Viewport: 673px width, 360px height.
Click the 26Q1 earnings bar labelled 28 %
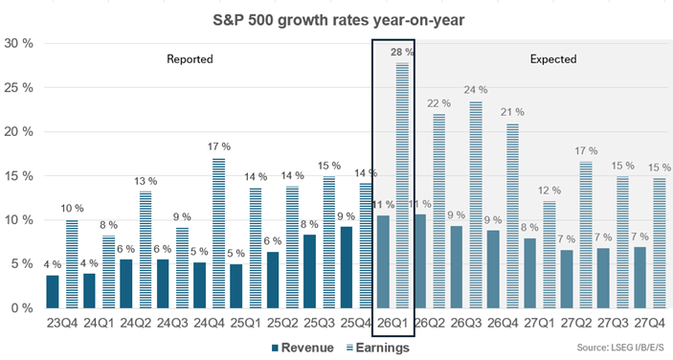point(402,185)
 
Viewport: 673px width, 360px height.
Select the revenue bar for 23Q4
point(53,292)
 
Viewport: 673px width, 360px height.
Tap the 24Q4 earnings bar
point(219,233)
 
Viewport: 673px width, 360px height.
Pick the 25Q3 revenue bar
point(310,271)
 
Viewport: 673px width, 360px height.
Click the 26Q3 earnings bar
point(476,205)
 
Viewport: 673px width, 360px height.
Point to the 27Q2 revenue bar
point(567,279)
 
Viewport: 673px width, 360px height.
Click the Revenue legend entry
point(303,348)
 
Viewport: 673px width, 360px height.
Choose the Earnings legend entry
point(378,348)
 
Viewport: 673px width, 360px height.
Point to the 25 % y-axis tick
point(18,87)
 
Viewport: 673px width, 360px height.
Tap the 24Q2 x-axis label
point(136,323)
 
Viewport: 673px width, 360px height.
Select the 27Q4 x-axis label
point(649,323)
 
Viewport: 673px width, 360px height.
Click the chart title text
point(339,20)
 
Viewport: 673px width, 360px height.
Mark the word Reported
point(190,58)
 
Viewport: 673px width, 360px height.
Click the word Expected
point(553,58)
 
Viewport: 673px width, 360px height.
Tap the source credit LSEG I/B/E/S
point(620,348)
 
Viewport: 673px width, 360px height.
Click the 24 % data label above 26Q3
point(476,90)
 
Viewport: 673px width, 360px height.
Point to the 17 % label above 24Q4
point(219,146)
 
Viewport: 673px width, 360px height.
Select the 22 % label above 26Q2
point(438,103)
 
